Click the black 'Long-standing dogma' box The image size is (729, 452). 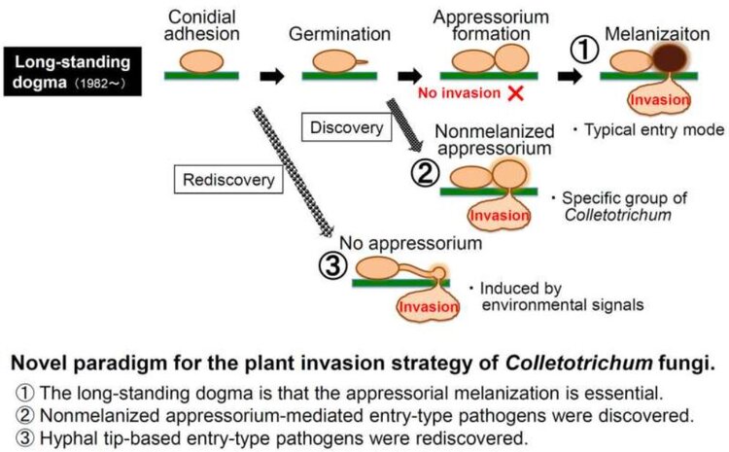(x=73, y=72)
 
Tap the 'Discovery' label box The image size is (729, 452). (x=346, y=127)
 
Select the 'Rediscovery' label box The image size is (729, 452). (x=228, y=179)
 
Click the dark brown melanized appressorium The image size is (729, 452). (x=670, y=58)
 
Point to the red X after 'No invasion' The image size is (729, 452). (x=515, y=93)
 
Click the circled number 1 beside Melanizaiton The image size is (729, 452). (x=584, y=51)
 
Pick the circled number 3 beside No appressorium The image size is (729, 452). (x=332, y=266)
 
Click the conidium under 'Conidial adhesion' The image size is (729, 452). (x=202, y=61)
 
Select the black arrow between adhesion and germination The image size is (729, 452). (x=272, y=76)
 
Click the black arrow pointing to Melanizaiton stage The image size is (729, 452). (x=570, y=76)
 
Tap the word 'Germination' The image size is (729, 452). (x=339, y=34)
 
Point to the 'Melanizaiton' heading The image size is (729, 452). (x=657, y=34)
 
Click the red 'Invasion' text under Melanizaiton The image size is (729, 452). (x=660, y=100)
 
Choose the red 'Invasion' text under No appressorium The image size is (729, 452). (x=429, y=307)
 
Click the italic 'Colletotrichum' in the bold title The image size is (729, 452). (x=579, y=363)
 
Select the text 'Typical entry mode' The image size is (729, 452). (x=654, y=129)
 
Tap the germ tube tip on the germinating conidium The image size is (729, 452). (x=367, y=62)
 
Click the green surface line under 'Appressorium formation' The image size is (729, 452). (x=489, y=76)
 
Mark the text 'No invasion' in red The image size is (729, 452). (x=460, y=93)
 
